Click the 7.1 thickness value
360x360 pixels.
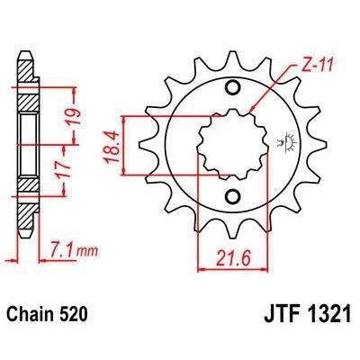(x=60, y=245)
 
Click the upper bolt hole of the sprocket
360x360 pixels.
(x=233, y=87)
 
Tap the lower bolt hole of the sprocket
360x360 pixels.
(x=233, y=197)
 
